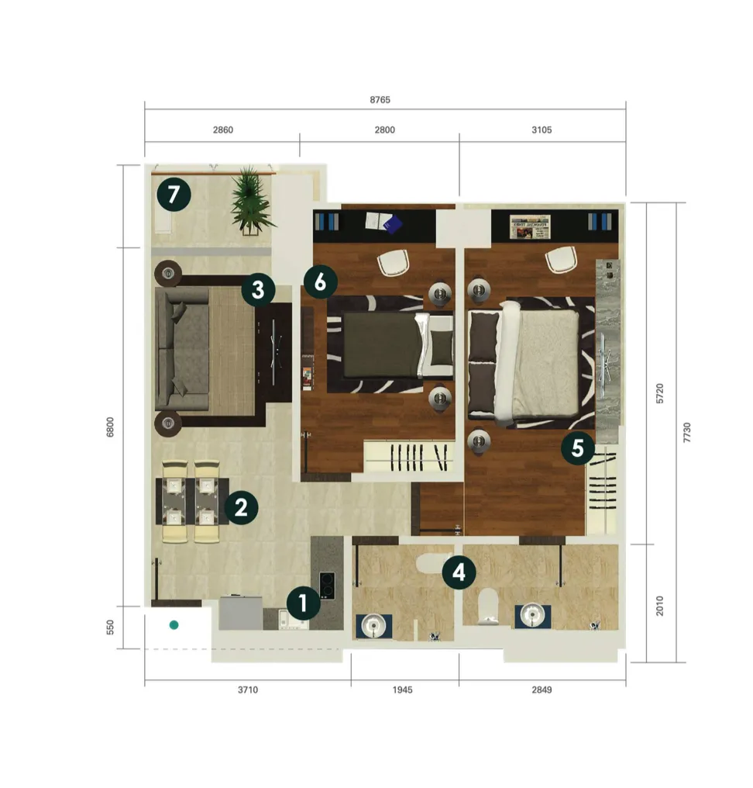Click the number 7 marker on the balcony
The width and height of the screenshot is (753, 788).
[174, 194]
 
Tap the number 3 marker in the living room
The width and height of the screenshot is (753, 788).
[258, 290]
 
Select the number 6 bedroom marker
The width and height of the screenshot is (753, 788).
[320, 282]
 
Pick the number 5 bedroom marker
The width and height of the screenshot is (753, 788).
[578, 448]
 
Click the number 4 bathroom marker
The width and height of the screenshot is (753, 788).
[459, 572]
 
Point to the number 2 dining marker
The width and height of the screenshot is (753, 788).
[242, 507]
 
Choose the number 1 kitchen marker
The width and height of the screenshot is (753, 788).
[303, 603]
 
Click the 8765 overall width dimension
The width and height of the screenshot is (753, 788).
[380, 99]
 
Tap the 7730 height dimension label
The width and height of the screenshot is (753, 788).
[686, 432]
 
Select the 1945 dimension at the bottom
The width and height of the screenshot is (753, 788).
[403, 689]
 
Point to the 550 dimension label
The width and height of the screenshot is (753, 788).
[110, 627]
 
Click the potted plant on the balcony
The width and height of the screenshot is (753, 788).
[252, 199]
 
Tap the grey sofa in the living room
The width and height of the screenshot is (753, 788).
[182, 349]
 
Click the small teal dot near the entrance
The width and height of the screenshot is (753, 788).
[174, 625]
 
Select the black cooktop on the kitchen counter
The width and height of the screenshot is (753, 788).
[327, 586]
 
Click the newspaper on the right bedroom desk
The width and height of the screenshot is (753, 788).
[530, 226]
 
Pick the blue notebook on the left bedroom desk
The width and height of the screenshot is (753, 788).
[392, 223]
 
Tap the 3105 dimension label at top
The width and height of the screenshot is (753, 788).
[542, 130]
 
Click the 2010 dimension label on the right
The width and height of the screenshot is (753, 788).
[659, 606]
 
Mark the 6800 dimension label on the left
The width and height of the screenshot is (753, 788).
[110, 427]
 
